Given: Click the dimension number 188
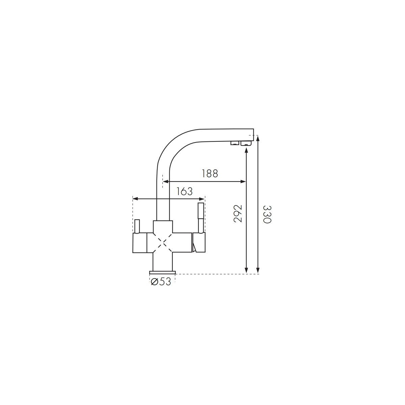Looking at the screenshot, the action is click(x=210, y=173).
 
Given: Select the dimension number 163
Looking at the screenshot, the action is click(x=184, y=191).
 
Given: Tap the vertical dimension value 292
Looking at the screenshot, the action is click(x=238, y=214).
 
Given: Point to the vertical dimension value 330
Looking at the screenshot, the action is click(x=267, y=214).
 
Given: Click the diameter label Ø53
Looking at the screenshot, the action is click(x=161, y=281).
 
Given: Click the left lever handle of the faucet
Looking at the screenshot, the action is click(x=137, y=226).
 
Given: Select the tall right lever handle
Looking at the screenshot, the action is click(x=201, y=218).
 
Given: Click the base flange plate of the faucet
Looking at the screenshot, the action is click(x=162, y=273).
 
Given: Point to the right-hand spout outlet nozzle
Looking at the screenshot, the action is click(x=246, y=143).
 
